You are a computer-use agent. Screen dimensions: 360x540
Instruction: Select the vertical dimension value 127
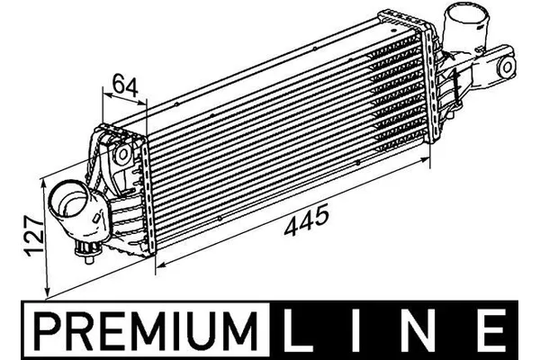click(31, 237)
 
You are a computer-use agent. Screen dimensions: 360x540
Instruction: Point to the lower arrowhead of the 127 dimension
click(47, 290)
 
